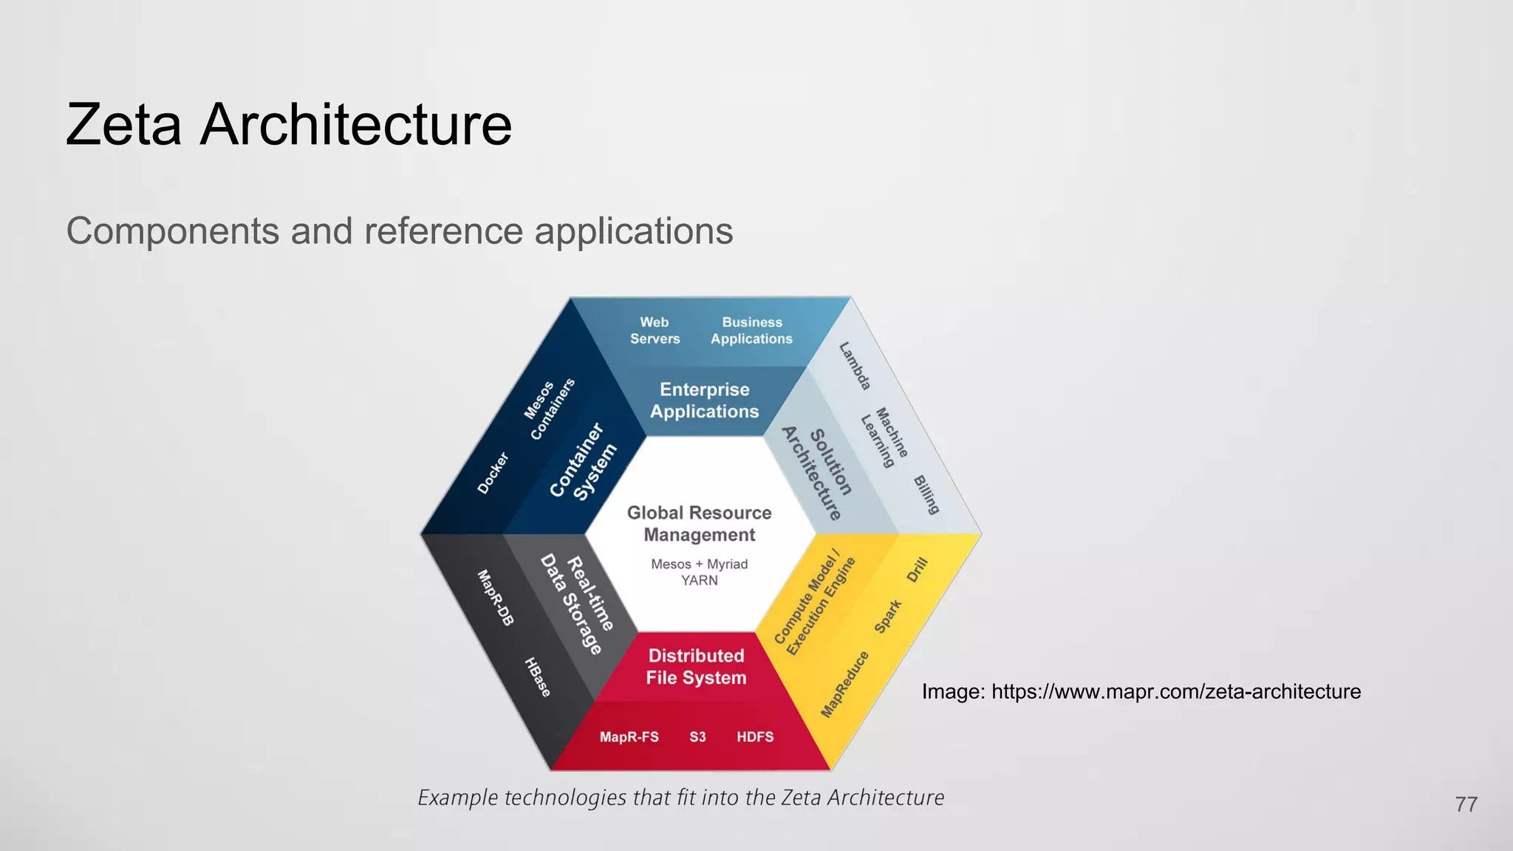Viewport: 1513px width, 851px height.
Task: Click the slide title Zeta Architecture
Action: click(x=288, y=124)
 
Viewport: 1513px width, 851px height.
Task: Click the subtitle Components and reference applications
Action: click(x=399, y=230)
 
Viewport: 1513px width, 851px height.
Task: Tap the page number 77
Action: click(x=1466, y=804)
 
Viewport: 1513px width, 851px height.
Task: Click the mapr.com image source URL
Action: click(x=1175, y=691)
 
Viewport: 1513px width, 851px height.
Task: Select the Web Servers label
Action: click(x=655, y=330)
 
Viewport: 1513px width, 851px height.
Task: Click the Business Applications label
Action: click(x=751, y=330)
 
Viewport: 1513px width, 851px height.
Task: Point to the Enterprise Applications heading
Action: click(x=704, y=400)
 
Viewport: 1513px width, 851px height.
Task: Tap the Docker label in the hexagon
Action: click(x=493, y=473)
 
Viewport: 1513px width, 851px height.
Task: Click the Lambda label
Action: click(x=855, y=366)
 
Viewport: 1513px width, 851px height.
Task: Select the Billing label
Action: click(x=926, y=494)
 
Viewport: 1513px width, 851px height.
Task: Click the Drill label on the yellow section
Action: click(x=917, y=570)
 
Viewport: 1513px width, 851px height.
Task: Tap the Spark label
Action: click(x=888, y=616)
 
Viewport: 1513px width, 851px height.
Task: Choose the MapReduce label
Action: click(x=844, y=684)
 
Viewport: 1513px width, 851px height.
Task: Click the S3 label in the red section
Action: click(x=697, y=737)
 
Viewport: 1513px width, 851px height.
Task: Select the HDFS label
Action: click(x=755, y=737)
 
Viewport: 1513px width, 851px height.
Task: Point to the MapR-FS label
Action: click(x=629, y=737)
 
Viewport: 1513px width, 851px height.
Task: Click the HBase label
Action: click(x=537, y=677)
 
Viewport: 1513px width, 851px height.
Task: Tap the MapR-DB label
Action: click(x=495, y=597)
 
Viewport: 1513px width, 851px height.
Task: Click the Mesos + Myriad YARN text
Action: click(x=699, y=572)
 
